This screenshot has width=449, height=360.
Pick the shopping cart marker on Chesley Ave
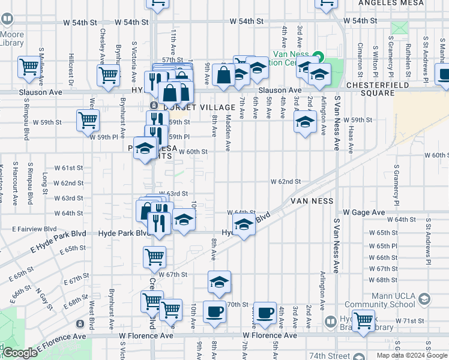point(108,75)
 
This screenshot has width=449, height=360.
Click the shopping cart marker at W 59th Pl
point(88,119)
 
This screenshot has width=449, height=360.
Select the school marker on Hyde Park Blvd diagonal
point(243,226)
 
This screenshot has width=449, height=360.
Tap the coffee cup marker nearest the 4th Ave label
point(265,311)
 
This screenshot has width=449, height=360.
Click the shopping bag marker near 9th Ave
point(223,76)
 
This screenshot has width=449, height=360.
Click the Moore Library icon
point(7,19)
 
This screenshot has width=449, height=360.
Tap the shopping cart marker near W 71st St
point(363,320)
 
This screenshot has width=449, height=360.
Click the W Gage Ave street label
point(364,212)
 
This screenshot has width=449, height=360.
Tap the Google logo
point(20,353)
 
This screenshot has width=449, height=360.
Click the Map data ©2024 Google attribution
point(412,355)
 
